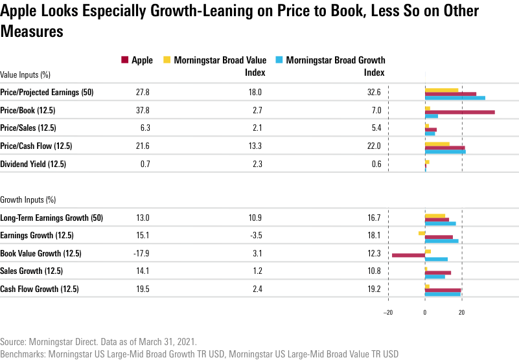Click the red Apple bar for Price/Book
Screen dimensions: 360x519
pyautogui.click(x=460, y=112)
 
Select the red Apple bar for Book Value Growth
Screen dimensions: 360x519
pyautogui.click(x=408, y=255)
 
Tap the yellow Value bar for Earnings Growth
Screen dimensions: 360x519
pyautogui.click(x=421, y=232)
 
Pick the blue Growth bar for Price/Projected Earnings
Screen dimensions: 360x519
pyautogui.click(x=455, y=98)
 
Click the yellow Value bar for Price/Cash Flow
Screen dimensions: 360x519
pyautogui.click(x=437, y=144)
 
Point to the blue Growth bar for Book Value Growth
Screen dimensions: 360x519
pyautogui.click(x=436, y=259)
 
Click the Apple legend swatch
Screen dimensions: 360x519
pyautogui.click(x=124, y=60)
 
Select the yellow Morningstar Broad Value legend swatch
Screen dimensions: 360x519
pyautogui.click(x=167, y=60)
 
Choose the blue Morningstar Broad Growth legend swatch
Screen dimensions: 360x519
pyautogui.click(x=279, y=60)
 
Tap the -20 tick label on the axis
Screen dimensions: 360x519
pyautogui.click(x=387, y=311)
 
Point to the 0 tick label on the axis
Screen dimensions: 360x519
pyautogui.click(x=425, y=311)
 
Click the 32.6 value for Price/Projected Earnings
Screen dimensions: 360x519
pyautogui.click(x=374, y=93)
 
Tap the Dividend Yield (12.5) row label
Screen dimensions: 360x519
pyautogui.click(x=33, y=164)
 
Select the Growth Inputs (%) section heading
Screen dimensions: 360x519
pyautogui.click(x=28, y=199)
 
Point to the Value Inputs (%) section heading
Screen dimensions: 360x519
pyautogui.click(x=25, y=75)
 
